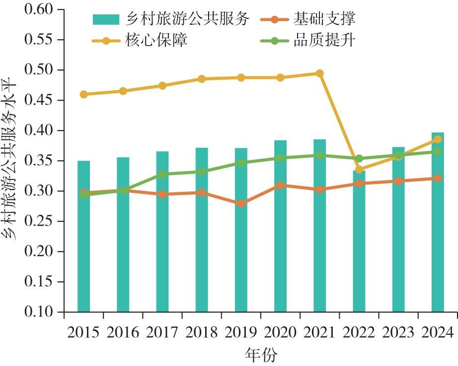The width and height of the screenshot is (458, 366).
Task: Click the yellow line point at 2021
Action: (319, 73)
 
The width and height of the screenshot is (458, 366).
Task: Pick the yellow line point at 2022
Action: (359, 170)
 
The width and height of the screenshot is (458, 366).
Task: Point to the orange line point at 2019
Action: (241, 204)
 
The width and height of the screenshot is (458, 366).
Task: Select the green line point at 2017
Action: (162, 174)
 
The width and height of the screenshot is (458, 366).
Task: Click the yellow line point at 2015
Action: (83, 94)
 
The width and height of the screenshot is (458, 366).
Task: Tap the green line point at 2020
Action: (280, 158)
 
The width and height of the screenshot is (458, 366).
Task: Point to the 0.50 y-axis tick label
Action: (40, 70)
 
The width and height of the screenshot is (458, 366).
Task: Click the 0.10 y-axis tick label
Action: (40, 312)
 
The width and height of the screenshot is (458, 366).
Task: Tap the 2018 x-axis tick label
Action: (202, 332)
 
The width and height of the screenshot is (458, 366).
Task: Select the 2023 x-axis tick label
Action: (398, 332)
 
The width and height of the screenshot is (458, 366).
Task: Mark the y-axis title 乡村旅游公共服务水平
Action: (11, 161)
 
